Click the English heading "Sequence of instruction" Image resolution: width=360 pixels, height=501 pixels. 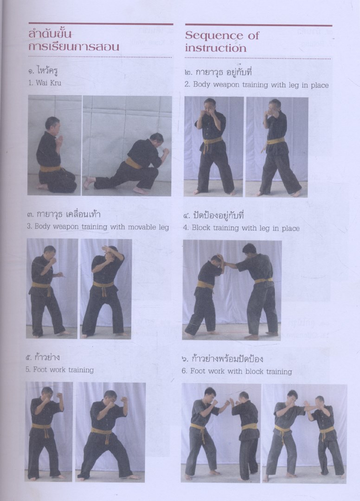pos(222,42)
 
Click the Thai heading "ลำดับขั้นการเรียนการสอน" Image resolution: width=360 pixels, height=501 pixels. pos(74,40)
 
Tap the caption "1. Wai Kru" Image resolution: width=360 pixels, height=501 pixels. pos(45,83)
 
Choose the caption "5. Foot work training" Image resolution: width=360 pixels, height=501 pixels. pos(60,370)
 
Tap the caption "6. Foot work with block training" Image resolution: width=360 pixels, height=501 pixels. pos(237,371)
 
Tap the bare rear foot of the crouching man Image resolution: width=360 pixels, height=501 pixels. pos(89,182)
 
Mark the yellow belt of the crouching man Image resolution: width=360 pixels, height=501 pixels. pos(133,164)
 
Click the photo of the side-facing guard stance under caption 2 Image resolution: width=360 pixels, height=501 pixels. pos(276,147)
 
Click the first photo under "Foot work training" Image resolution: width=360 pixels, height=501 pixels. pos(49,431)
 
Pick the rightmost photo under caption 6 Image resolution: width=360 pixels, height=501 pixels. pos(304,434)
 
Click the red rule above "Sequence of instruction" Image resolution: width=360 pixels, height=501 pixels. pos(258,25)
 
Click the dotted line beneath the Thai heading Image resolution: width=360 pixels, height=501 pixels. pos(100,57)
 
